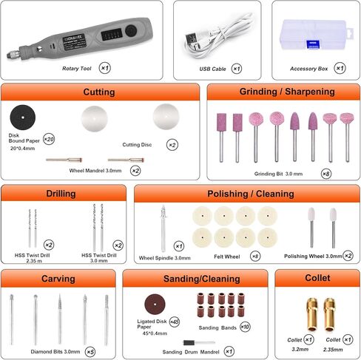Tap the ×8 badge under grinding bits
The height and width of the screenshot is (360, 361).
click(327, 174)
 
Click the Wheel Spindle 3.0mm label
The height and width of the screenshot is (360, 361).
click(164, 258)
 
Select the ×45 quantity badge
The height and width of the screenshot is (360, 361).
click(175, 322)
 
